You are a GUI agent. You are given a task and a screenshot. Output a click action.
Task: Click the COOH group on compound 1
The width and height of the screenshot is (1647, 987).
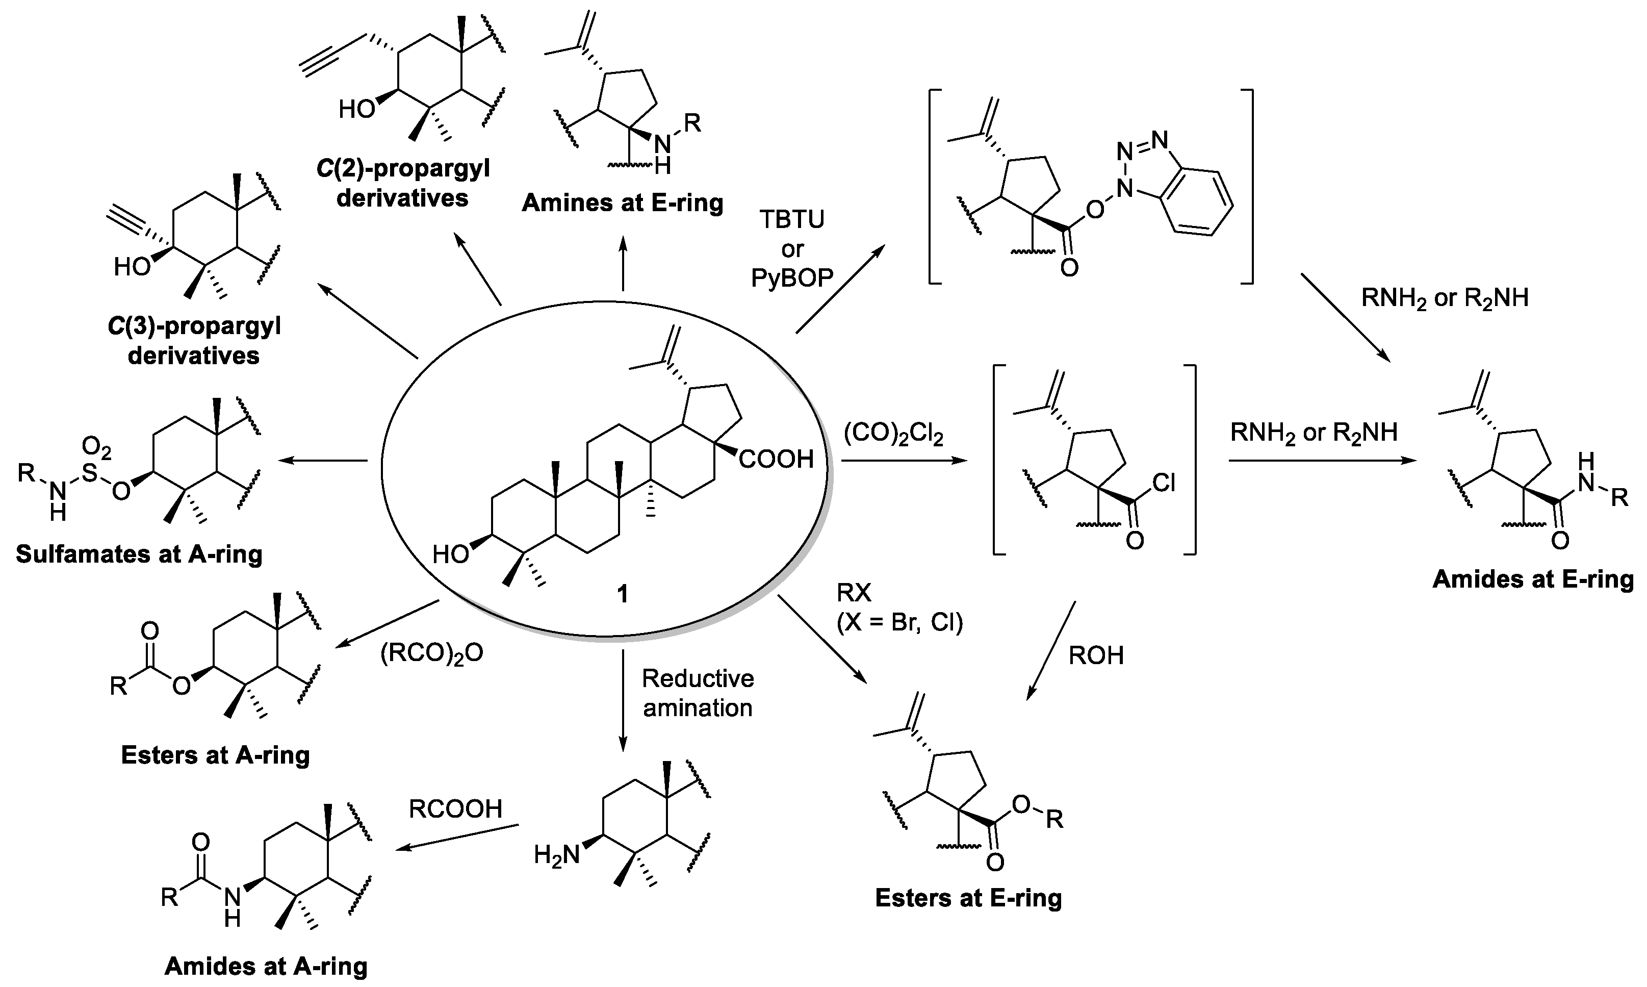click(x=776, y=459)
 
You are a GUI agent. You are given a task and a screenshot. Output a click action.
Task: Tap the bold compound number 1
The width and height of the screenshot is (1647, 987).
click(x=622, y=594)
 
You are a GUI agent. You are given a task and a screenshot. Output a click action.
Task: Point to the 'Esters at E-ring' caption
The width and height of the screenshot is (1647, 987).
click(x=968, y=898)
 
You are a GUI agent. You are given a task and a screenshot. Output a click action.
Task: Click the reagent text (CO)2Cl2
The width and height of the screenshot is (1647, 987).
click(x=893, y=434)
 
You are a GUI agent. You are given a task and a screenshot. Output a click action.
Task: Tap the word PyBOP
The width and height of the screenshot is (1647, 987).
click(x=792, y=277)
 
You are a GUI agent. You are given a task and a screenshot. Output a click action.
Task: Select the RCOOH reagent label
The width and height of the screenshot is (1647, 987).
click(x=455, y=809)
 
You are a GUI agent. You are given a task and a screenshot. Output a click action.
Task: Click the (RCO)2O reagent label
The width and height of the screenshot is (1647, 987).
click(x=431, y=653)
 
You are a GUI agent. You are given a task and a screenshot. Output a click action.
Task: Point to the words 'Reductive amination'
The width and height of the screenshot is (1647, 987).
click(x=698, y=693)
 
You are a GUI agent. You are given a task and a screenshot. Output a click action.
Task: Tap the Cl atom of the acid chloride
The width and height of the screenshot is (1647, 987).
click(x=1163, y=484)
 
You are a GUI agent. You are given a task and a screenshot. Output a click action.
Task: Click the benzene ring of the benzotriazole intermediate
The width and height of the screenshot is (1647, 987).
click(x=1196, y=203)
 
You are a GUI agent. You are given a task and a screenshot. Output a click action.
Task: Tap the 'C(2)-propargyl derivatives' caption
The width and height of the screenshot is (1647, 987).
click(x=403, y=183)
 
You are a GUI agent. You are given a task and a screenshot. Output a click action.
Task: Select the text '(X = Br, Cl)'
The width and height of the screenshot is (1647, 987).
click(x=899, y=622)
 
